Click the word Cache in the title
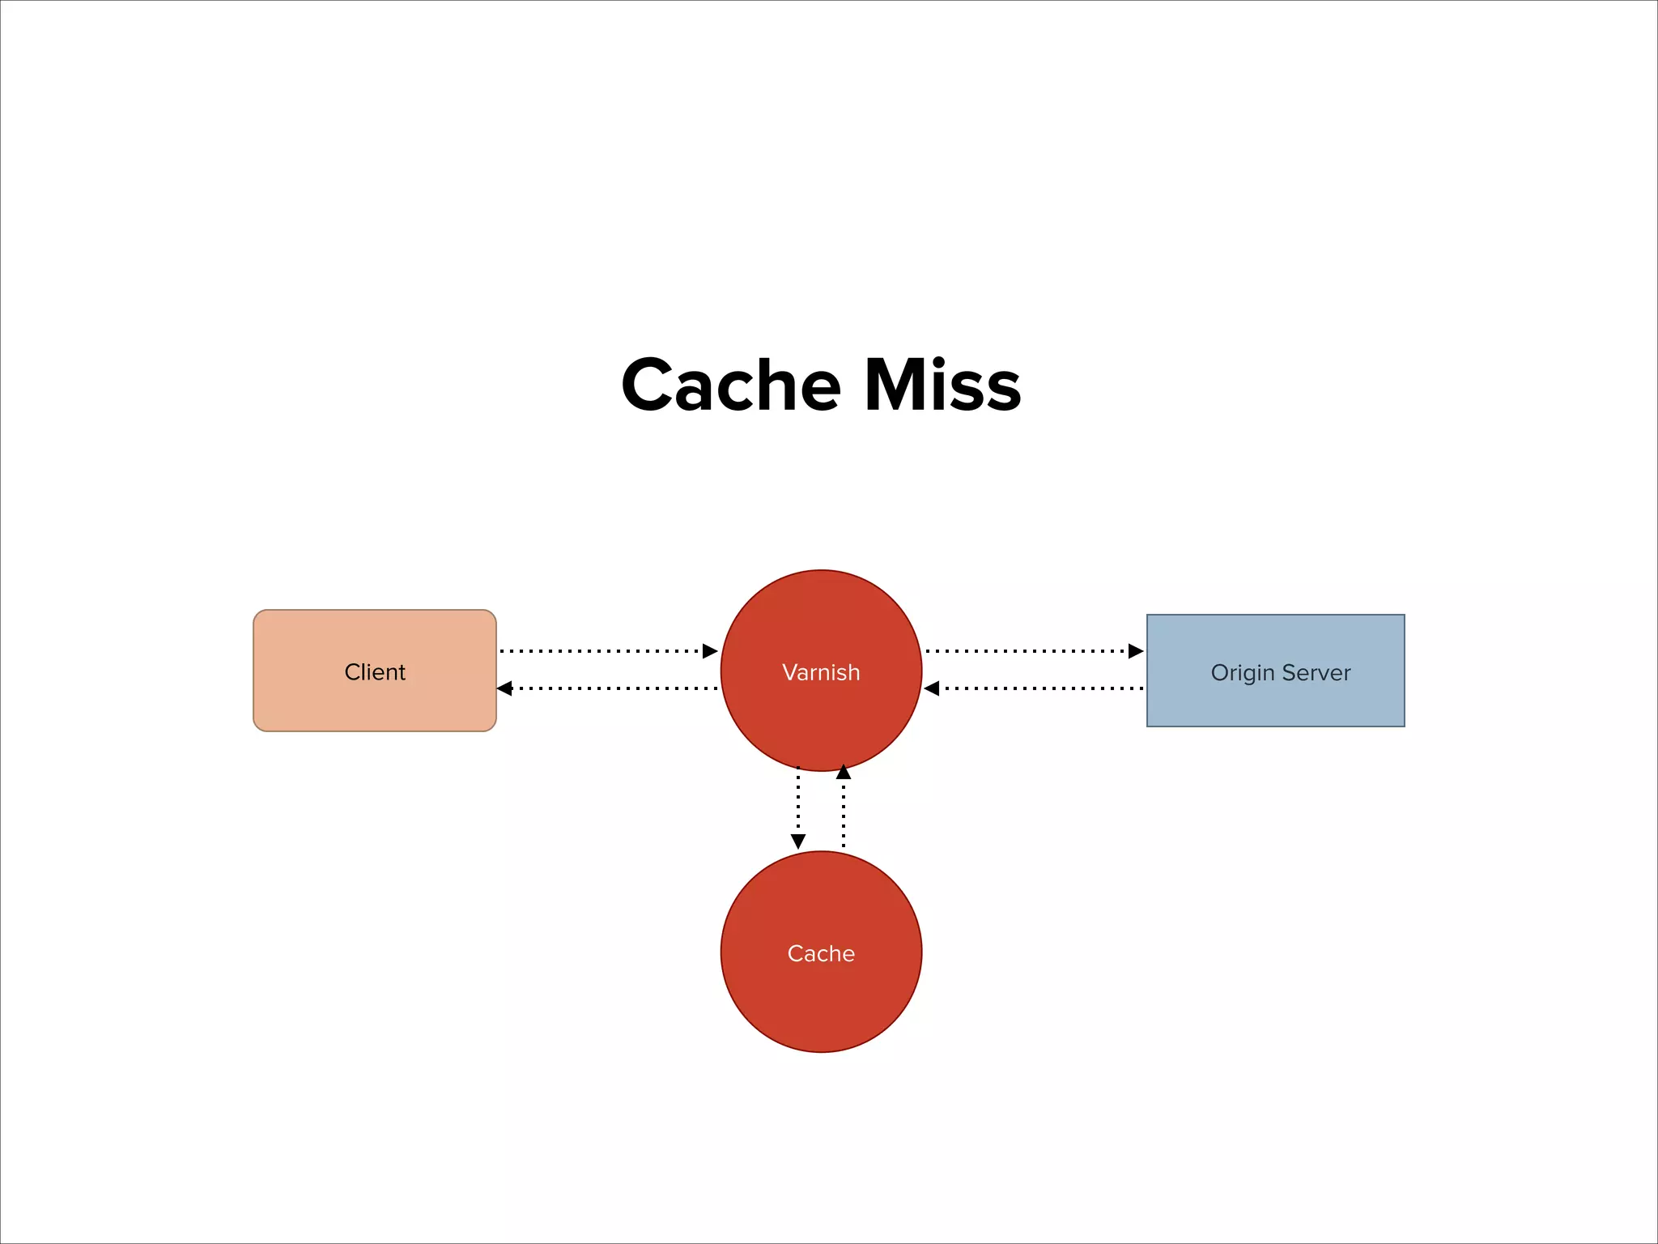(731, 386)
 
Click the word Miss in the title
(942, 386)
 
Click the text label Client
(375, 672)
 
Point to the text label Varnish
(821, 672)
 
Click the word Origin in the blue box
(1242, 673)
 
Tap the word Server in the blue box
(1316, 673)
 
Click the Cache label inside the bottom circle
(821, 953)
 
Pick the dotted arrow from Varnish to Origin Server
(1028, 650)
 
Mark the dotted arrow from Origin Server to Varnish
(1040, 688)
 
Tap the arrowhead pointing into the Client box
(504, 688)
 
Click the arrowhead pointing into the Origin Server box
(1136, 650)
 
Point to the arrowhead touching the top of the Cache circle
(798, 841)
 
